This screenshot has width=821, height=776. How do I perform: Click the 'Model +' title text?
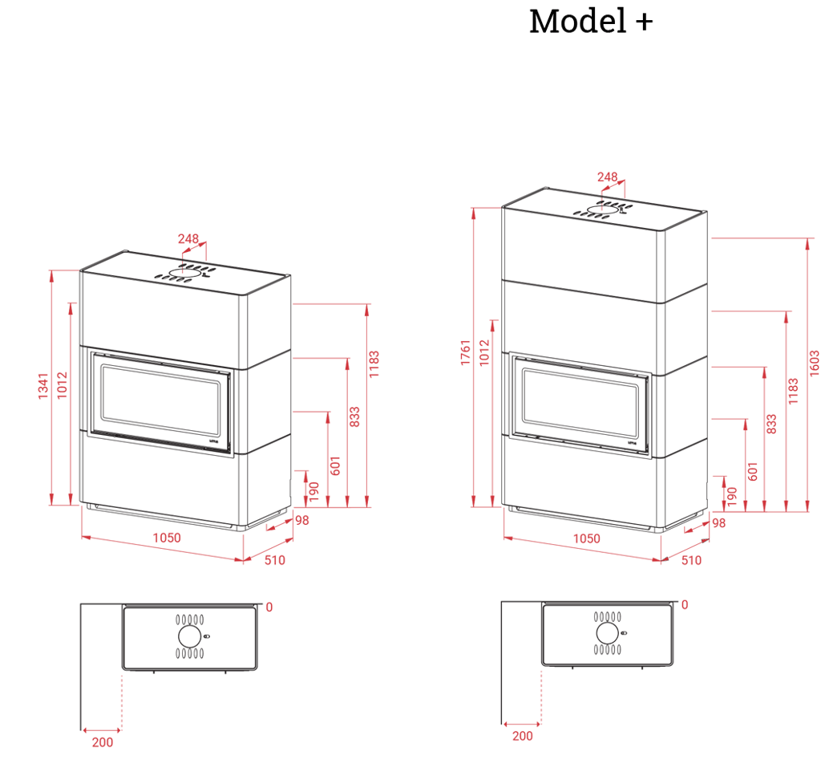591,22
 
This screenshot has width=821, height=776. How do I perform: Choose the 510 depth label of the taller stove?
691,562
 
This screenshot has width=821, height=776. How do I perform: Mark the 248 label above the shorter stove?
188,238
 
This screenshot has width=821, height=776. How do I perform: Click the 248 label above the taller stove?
608,177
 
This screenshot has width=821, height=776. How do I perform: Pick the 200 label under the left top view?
102,742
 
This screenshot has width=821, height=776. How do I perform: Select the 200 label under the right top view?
522,736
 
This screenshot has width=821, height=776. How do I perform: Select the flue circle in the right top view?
607,633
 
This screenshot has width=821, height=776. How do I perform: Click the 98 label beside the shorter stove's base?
301,521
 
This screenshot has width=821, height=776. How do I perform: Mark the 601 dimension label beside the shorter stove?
336,465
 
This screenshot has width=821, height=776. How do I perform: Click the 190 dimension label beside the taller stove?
730,496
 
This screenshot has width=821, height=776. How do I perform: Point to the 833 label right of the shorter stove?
356,417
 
